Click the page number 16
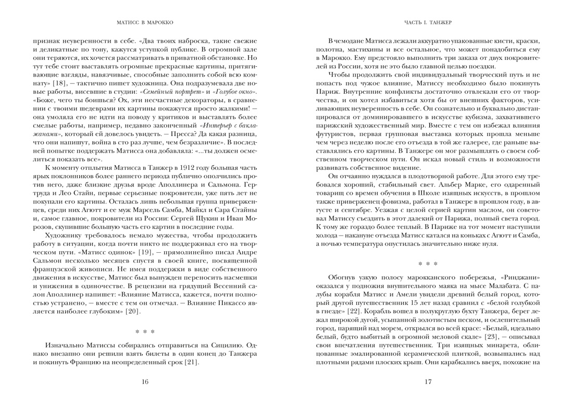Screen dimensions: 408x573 click(x=145, y=382)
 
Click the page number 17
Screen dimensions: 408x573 click(x=428, y=382)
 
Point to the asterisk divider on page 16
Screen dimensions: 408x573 click(x=145, y=332)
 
